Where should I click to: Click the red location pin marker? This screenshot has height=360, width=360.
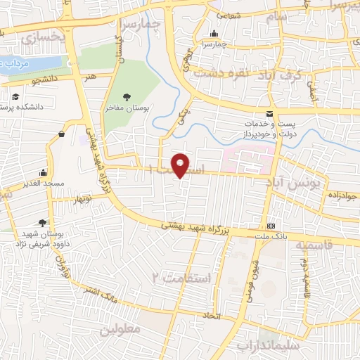(x=181, y=165)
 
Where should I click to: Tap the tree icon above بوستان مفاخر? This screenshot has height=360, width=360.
(x=126, y=97)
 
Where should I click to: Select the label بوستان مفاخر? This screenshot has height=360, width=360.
(x=126, y=109)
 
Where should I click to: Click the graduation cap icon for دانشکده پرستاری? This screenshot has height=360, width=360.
(x=15, y=98)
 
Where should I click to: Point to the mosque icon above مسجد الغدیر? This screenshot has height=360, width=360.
(x=44, y=172)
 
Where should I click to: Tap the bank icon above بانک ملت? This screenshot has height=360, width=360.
(x=271, y=226)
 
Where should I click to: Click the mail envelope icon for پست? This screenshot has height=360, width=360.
(x=269, y=114)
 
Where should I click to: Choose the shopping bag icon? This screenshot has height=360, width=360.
(x=62, y=133)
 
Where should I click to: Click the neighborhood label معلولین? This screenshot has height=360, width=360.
(x=120, y=329)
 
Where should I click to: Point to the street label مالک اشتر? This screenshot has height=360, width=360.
(x=98, y=292)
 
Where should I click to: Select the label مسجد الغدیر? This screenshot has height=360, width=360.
(x=43, y=182)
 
